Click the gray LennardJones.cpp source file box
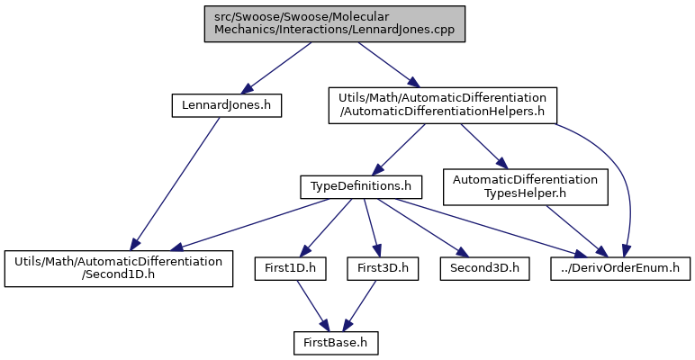coord(335,24)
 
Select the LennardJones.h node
coord(227,106)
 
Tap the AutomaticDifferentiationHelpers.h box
coord(442,105)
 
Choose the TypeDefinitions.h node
coord(361,187)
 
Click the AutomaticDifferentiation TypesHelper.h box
coord(525,186)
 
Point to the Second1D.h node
coord(119,268)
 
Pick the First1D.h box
coord(290,269)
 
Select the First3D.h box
coord(383,269)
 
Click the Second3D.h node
coord(485,269)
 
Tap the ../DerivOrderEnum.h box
coord(620,269)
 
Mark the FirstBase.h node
coord(336,343)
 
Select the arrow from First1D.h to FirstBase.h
coord(313,306)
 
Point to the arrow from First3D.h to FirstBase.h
coord(359,306)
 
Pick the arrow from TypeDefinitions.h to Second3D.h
coord(422,228)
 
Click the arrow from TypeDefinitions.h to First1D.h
coord(326,228)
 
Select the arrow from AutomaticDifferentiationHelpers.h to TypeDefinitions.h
coord(398,150)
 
